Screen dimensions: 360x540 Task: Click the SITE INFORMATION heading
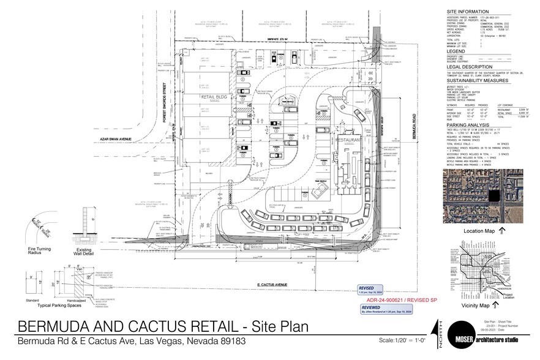tap(468, 12)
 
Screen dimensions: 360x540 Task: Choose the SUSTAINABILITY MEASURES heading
tap(478, 80)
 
